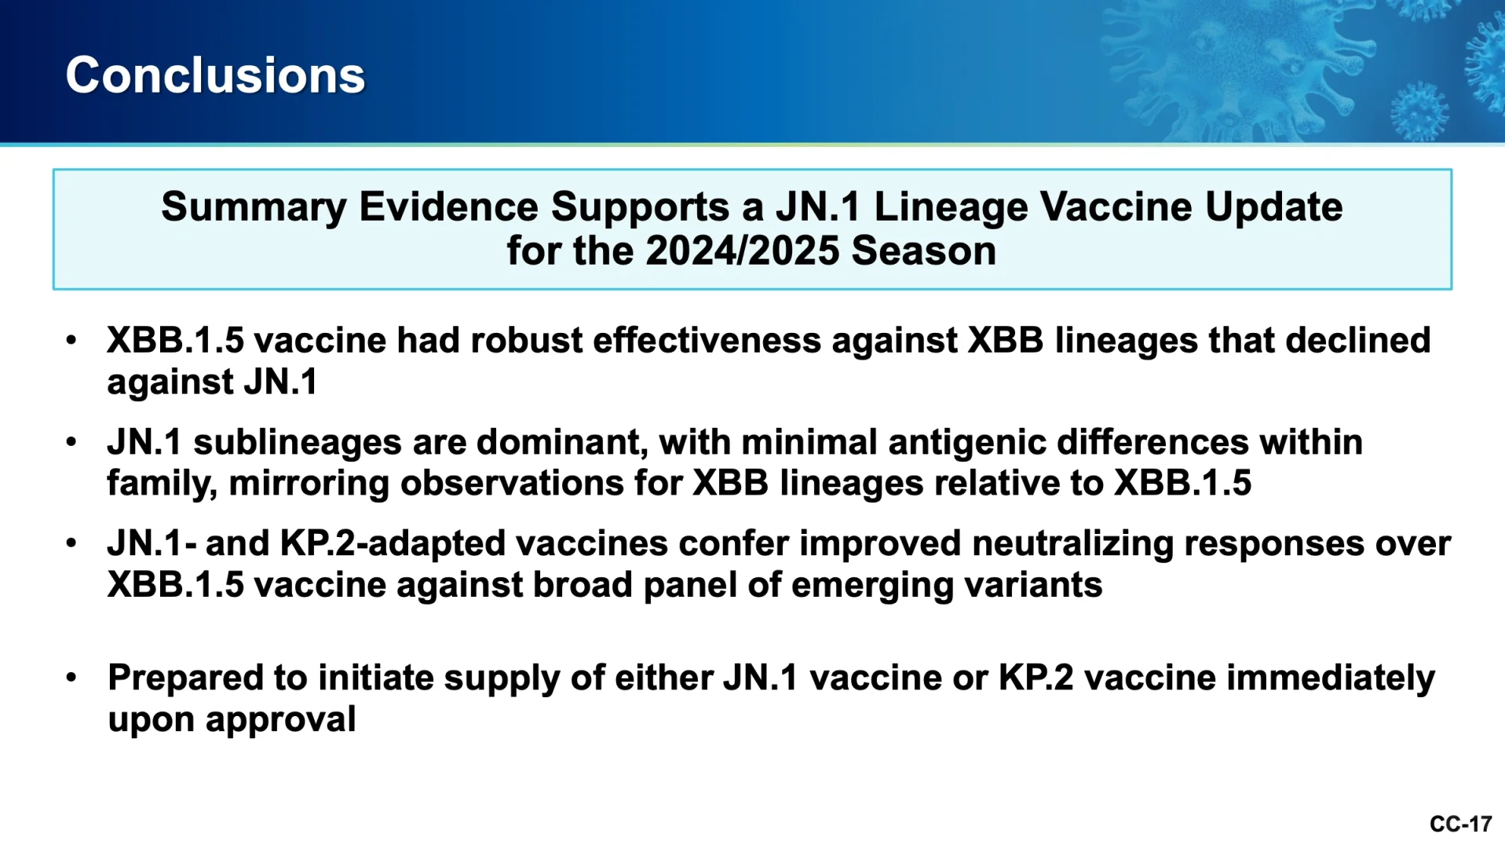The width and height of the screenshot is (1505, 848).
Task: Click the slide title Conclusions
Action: [x=215, y=75]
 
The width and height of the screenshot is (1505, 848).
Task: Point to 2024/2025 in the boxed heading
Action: [x=743, y=251]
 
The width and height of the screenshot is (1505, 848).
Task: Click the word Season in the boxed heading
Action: [x=924, y=251]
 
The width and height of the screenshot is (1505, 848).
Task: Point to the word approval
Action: [x=280, y=720]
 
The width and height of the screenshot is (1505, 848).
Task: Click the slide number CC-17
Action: [x=1460, y=824]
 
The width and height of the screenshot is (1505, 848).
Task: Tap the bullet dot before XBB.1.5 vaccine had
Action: [x=71, y=341]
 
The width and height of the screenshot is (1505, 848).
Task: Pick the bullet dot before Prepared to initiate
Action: [x=71, y=678]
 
